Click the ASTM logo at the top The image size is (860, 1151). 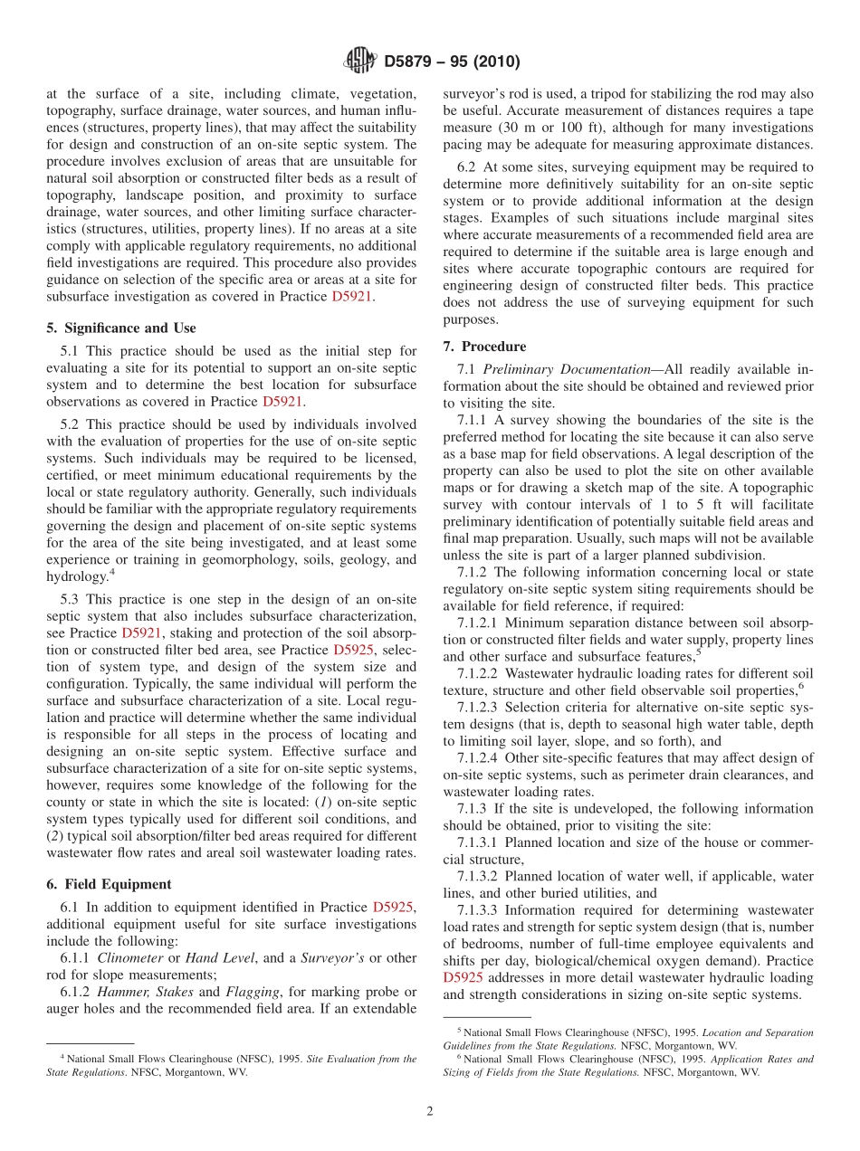pos(360,62)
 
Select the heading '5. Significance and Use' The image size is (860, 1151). pos(120,328)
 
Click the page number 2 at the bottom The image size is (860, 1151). pos(430,1111)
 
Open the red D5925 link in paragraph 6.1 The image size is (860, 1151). pos(394,907)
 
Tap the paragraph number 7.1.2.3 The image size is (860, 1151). pos(478,707)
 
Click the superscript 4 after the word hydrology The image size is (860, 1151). pos(111,572)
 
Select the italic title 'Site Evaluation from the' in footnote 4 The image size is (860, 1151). pos(362,1059)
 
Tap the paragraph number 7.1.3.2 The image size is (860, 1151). pos(478,876)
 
